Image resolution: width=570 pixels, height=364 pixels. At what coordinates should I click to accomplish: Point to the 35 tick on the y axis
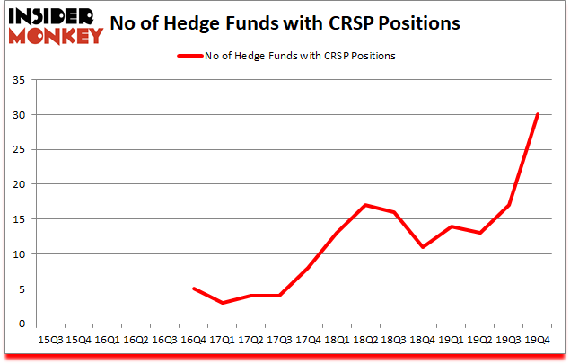[x=24, y=81]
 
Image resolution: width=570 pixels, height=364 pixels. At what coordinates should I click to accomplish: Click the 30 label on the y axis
[x=24, y=115]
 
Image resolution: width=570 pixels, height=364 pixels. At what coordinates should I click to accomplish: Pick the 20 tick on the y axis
[x=24, y=184]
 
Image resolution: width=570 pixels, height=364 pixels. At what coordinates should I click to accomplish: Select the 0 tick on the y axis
[x=27, y=324]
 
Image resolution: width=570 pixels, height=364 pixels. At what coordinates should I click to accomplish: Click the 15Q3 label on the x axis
[x=50, y=340]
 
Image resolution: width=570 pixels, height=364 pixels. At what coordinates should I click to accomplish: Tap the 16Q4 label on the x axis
[x=193, y=340]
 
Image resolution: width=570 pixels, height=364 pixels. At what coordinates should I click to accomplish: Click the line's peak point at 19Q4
[x=537, y=114]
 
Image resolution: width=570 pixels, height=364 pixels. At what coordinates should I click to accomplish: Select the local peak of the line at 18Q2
[x=365, y=205]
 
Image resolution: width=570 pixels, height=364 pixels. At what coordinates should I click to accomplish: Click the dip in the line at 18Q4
[x=422, y=247]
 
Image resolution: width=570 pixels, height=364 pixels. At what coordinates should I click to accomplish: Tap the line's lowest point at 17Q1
[x=224, y=303]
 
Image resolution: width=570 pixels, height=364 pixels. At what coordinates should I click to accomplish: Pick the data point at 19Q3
[x=508, y=205]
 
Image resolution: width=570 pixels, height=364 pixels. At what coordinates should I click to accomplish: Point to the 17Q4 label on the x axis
[x=307, y=340]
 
